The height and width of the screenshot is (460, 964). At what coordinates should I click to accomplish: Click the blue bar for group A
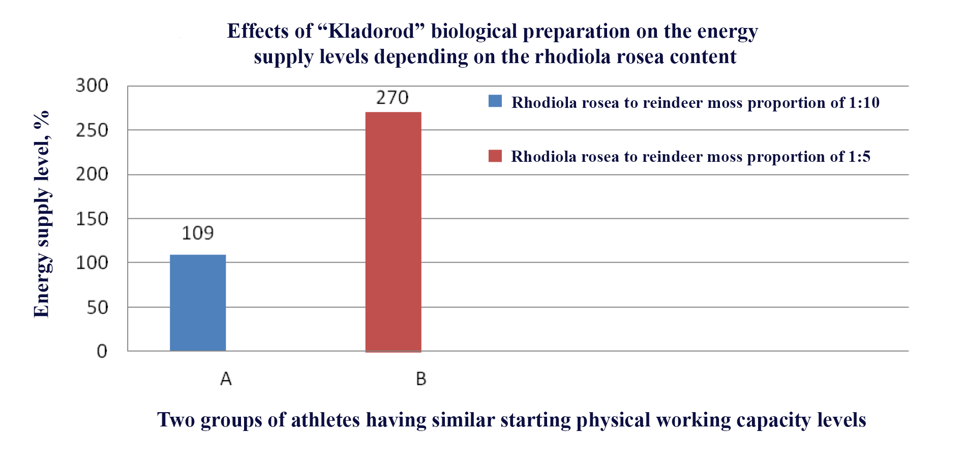click(x=198, y=303)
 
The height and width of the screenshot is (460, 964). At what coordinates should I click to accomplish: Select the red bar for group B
click(x=394, y=232)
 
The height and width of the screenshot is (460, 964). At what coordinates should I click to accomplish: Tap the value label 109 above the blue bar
click(x=198, y=233)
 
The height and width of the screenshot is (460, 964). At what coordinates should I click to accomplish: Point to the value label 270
click(x=393, y=97)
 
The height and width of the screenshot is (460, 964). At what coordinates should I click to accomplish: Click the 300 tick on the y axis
click(x=92, y=85)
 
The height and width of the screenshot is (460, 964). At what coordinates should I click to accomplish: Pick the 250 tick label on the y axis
click(x=92, y=130)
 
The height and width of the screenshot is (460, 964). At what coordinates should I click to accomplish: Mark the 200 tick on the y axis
click(x=92, y=175)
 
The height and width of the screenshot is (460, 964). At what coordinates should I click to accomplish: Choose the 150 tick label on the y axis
click(x=92, y=219)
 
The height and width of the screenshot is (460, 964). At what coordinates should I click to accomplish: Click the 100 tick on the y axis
click(x=92, y=263)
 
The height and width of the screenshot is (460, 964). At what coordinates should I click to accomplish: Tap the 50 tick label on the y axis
click(x=98, y=307)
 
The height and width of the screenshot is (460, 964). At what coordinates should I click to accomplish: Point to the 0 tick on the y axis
click(x=102, y=351)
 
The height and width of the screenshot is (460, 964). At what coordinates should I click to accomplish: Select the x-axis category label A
click(x=226, y=379)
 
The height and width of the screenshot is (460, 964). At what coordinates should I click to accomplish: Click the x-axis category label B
click(x=421, y=379)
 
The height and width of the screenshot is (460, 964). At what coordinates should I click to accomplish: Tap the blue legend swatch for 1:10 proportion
click(x=495, y=101)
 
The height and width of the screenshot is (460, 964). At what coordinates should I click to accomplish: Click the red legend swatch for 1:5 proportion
click(x=495, y=156)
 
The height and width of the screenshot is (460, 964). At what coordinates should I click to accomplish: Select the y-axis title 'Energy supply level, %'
click(x=42, y=214)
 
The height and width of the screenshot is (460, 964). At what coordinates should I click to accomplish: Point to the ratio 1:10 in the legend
click(x=864, y=103)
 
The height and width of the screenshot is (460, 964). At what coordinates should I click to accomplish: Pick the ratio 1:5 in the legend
click(x=860, y=157)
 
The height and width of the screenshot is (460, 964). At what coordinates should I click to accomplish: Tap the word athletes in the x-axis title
click(x=323, y=420)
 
